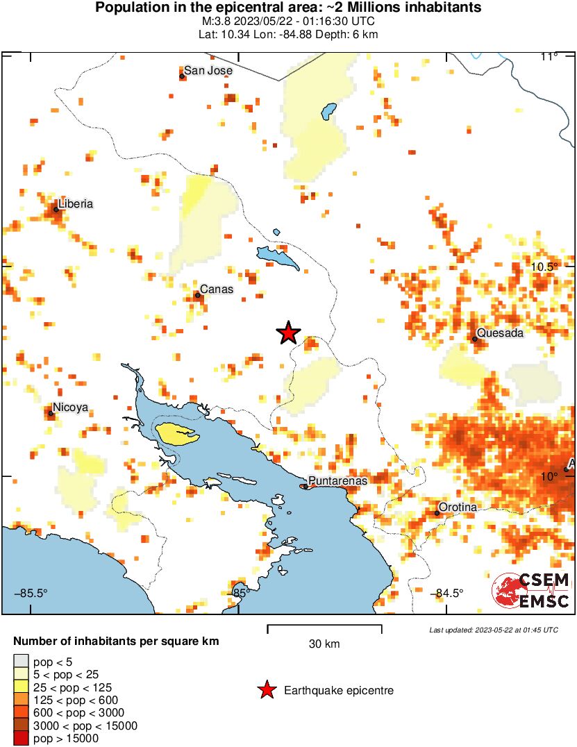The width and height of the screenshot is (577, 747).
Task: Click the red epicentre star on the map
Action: (x=288, y=333)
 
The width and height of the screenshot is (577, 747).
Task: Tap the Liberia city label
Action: (x=76, y=204)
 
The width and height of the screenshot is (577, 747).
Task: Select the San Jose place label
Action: (x=208, y=71)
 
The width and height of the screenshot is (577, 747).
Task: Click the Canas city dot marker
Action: (x=197, y=296)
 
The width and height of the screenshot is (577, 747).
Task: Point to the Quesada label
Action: (x=501, y=333)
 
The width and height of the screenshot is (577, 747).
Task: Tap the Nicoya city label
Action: (x=72, y=408)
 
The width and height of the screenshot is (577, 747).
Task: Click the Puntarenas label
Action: (x=337, y=480)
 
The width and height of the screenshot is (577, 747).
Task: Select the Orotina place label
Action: (x=459, y=507)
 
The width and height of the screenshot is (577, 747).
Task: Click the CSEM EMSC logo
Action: (x=532, y=591)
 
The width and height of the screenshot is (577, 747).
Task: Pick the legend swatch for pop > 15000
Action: (x=22, y=739)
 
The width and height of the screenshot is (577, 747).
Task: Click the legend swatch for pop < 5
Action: (x=22, y=661)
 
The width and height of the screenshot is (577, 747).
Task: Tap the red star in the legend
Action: (x=266, y=690)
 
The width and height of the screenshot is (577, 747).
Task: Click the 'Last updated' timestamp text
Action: (x=493, y=630)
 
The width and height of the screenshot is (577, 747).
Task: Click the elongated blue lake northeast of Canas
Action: (x=278, y=258)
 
